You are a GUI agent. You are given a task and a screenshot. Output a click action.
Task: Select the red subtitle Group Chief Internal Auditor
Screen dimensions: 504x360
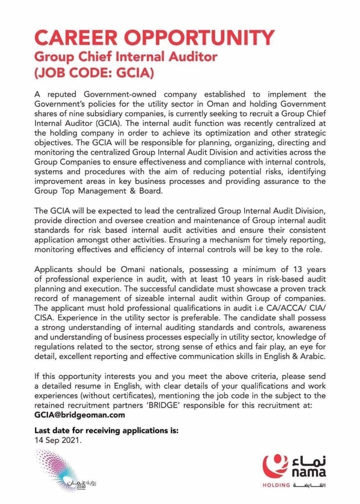point(125,57)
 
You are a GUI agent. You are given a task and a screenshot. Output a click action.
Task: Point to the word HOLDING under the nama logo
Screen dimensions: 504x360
point(276,485)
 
